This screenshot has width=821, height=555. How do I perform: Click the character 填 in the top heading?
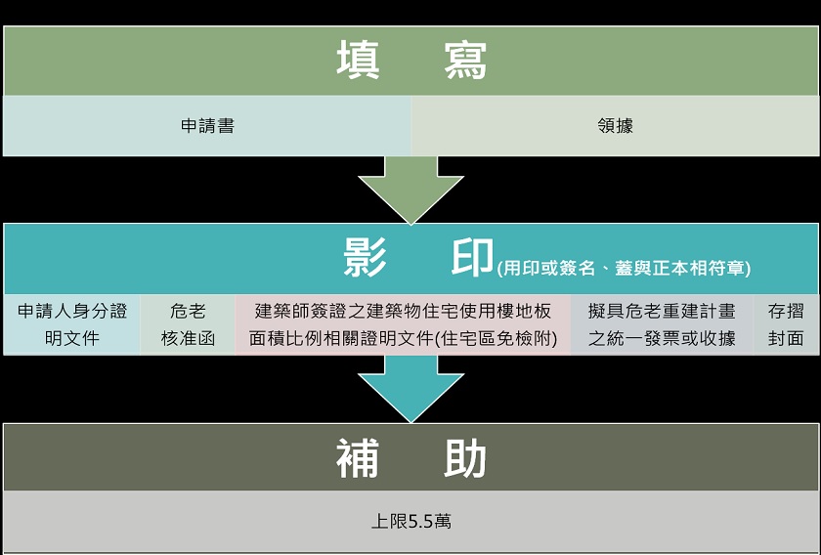pos(358,61)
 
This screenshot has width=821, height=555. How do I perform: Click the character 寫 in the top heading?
pos(465,61)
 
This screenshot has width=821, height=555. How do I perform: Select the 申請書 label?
pos(207,126)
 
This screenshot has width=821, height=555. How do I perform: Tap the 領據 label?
pos(615,126)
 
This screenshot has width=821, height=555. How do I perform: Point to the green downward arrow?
pos(411,190)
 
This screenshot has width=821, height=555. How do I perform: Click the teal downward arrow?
pos(411,388)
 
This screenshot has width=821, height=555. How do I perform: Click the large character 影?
pos(365,257)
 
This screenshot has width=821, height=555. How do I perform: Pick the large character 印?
pos(472,257)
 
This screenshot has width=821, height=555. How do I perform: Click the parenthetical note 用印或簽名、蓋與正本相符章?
pos(625,268)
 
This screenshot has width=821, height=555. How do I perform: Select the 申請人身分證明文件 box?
pos(72,324)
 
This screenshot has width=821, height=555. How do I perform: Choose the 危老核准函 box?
pos(188,324)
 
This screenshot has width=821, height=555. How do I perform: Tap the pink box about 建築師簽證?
pos(403,324)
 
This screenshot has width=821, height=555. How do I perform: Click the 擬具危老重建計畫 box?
pos(663,324)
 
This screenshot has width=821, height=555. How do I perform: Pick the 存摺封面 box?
pos(786,324)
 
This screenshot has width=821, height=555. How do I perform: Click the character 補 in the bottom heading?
pos(358,458)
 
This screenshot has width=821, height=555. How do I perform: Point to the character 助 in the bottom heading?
pos(465,458)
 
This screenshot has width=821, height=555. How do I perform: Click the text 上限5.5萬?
pos(411,522)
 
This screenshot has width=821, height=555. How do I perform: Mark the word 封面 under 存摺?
pos(786,339)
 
